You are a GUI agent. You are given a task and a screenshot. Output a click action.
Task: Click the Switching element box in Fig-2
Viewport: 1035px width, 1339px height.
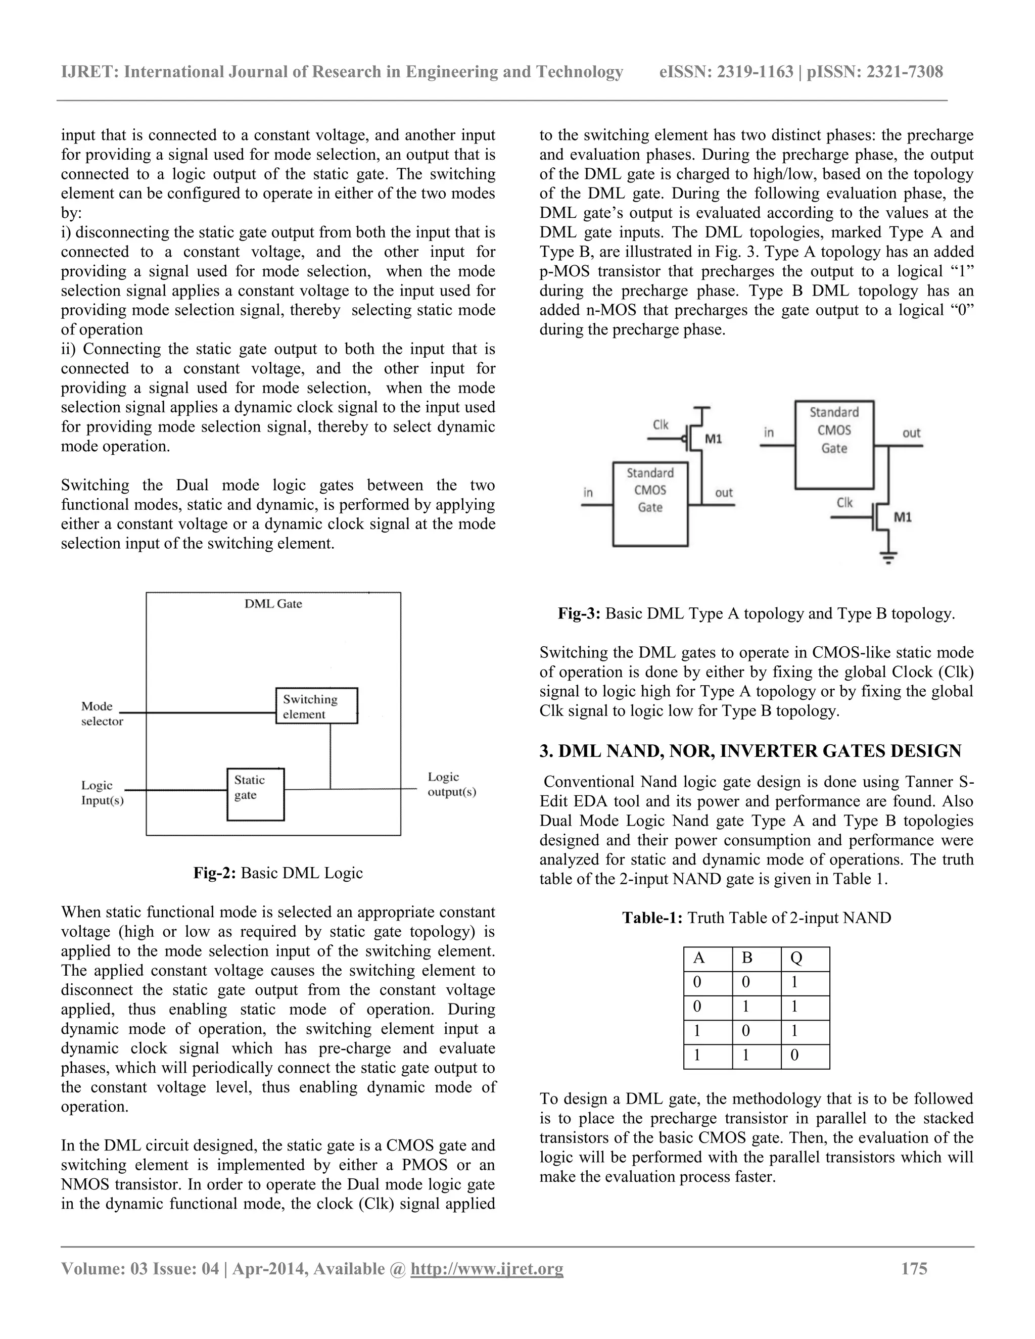[x=316, y=706]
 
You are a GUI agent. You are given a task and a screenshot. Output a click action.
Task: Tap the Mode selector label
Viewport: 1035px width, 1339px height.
[x=102, y=713]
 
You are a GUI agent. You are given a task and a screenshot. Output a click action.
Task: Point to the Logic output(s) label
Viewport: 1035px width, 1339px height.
[x=452, y=784]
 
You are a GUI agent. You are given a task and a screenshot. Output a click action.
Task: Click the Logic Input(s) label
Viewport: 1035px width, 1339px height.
[x=103, y=793]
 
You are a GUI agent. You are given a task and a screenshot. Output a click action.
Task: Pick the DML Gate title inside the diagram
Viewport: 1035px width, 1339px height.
[x=273, y=603]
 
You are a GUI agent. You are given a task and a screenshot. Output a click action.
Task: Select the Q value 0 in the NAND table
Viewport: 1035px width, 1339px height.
[x=794, y=1055]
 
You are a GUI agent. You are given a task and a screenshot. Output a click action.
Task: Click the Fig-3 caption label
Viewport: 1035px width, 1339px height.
[x=579, y=614]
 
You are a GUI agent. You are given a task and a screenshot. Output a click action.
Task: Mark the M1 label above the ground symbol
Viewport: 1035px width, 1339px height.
[x=902, y=517]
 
